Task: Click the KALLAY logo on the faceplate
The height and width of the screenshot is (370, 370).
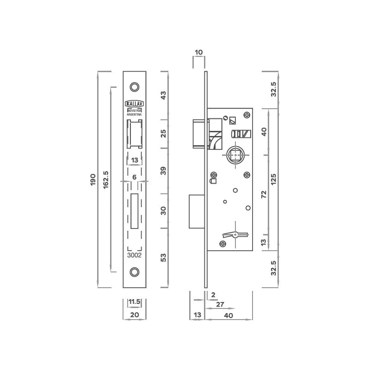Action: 134,104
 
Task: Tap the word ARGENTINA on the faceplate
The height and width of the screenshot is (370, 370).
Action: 134,114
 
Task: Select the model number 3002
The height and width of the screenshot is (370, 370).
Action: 134,255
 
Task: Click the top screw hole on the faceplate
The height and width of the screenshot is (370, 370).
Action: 135,87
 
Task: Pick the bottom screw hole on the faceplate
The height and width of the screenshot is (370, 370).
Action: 135,272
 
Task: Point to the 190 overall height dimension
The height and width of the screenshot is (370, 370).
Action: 93,179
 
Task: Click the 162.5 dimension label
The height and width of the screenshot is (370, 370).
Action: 106,179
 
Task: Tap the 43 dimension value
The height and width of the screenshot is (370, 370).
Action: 163,95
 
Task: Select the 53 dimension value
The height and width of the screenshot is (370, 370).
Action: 163,258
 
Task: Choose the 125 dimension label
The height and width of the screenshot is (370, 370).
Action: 273,179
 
